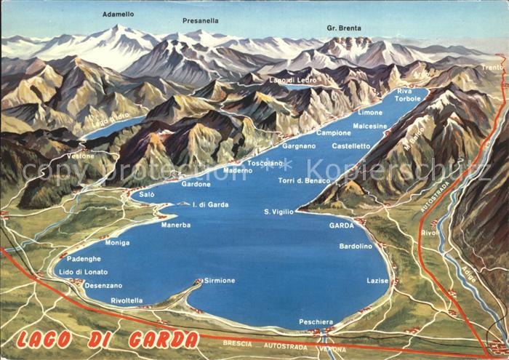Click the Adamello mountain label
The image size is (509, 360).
click(x=117, y=14)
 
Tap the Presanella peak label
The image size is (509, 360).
click(x=200, y=20)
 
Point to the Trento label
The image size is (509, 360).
click(x=492, y=67)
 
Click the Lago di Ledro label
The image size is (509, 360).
click(x=287, y=80)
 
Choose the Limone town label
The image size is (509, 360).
click(x=370, y=113)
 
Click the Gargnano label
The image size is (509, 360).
click(x=299, y=145)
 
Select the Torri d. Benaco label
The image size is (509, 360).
click(x=304, y=180)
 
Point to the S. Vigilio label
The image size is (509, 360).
click(x=278, y=211)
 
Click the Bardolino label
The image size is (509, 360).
click(x=356, y=246)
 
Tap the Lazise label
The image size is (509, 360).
click(x=377, y=280)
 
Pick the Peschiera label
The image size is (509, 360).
click(x=316, y=321)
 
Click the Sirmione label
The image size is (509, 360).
click(x=219, y=280)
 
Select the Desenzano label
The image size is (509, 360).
click(x=103, y=285)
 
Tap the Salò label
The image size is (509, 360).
click(x=147, y=195)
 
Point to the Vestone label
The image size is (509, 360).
click(x=81, y=156)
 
